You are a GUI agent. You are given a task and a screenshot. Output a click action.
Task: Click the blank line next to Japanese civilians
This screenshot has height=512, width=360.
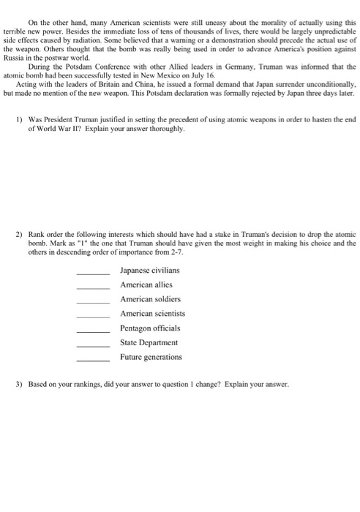[x=93, y=273]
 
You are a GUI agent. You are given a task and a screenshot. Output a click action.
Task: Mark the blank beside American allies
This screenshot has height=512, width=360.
[x=93, y=287]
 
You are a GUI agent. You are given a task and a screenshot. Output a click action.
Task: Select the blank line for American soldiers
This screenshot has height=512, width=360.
[x=93, y=301]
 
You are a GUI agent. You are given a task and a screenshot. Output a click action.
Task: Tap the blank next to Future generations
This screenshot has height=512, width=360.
[x=93, y=359]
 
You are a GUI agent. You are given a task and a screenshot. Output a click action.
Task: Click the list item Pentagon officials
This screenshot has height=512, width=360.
[x=149, y=328]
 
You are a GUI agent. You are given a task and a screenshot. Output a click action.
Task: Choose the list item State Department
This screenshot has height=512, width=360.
[x=149, y=342]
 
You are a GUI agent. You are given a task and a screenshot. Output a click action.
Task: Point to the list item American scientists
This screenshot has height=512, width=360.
[x=152, y=314]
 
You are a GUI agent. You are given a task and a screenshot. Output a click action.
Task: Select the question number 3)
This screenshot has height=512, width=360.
[x=18, y=385]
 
